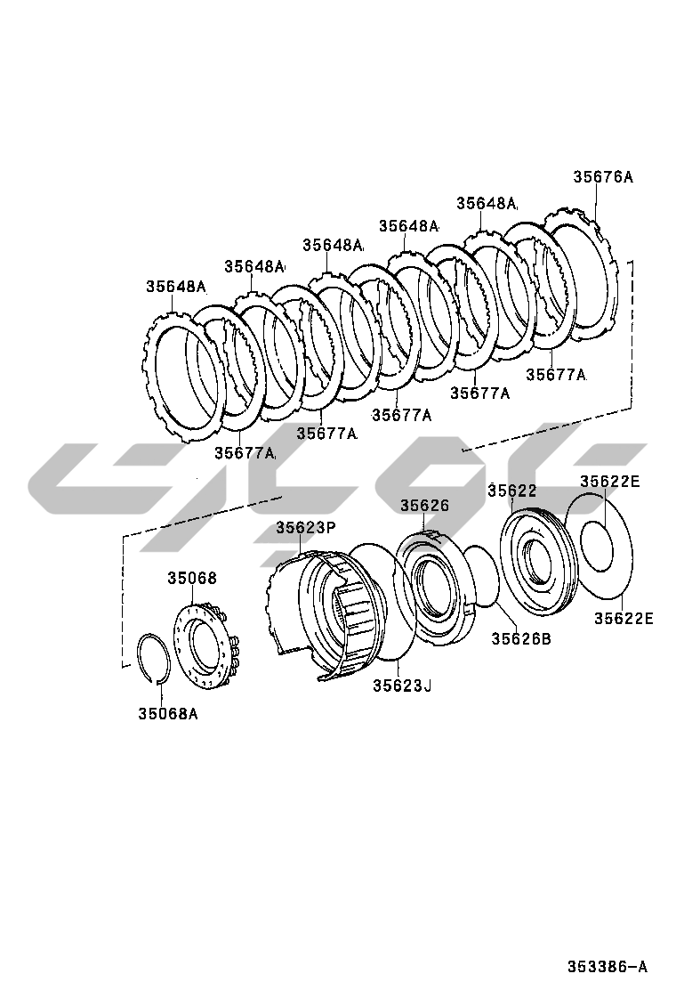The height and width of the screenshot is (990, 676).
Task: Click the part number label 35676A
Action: [x=602, y=177]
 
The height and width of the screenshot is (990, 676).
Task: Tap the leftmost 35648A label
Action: [x=176, y=287]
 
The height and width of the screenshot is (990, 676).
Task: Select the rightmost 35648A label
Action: [x=487, y=203]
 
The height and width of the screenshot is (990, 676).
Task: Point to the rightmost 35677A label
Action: [x=556, y=375]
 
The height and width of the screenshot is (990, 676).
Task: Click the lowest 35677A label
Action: [x=244, y=452]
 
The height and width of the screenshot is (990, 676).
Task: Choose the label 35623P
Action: [x=305, y=527]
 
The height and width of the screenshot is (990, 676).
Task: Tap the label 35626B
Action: [x=521, y=639]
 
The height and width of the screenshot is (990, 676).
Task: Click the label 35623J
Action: [x=402, y=685]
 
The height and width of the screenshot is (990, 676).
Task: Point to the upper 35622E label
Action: [x=610, y=482]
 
